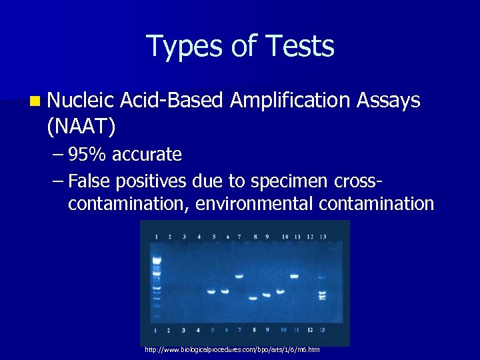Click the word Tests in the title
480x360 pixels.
click(299, 47)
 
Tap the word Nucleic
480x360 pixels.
click(81, 101)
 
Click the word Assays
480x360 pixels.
click(389, 101)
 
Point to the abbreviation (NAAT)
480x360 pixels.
click(81, 123)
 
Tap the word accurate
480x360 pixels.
click(147, 155)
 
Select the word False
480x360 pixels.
click(91, 181)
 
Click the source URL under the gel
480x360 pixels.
click(232, 349)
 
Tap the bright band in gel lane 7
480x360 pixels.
click(239, 276)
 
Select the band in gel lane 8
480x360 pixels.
click(253, 298)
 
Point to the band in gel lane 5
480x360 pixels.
click(211, 291)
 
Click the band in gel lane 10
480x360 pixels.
click(280, 291)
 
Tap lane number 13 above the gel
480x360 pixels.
click(323, 237)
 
